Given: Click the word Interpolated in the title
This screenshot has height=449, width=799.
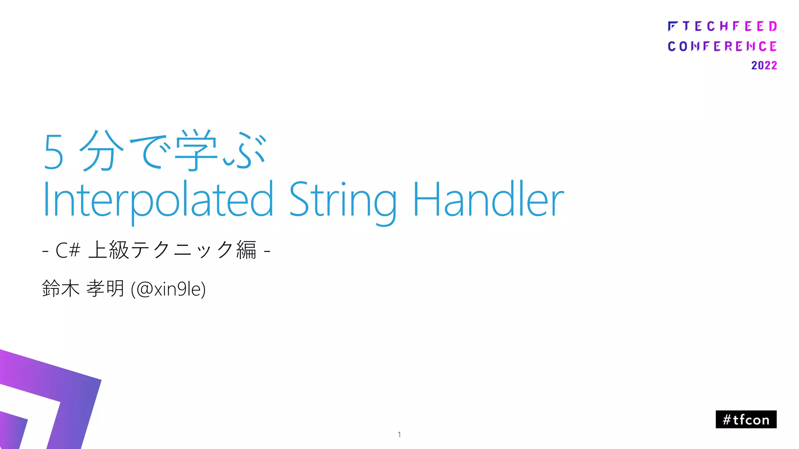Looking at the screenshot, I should (158, 200).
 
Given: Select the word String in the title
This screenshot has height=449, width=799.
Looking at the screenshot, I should (342, 200).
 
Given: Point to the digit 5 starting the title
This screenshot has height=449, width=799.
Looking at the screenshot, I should (53, 152).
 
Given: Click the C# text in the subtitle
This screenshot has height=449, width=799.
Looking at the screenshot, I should (68, 250).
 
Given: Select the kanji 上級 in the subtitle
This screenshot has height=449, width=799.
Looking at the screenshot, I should (109, 250).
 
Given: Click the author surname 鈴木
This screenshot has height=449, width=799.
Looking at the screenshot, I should (60, 289).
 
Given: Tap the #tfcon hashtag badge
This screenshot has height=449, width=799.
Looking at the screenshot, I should (746, 419).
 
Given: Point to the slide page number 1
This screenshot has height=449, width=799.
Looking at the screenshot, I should (399, 435).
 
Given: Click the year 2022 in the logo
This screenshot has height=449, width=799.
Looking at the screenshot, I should (764, 65).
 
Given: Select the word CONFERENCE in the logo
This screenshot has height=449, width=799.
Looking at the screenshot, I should (722, 46).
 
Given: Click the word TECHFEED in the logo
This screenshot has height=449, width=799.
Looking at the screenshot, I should (730, 27).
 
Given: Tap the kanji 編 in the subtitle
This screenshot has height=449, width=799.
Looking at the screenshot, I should (247, 250).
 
